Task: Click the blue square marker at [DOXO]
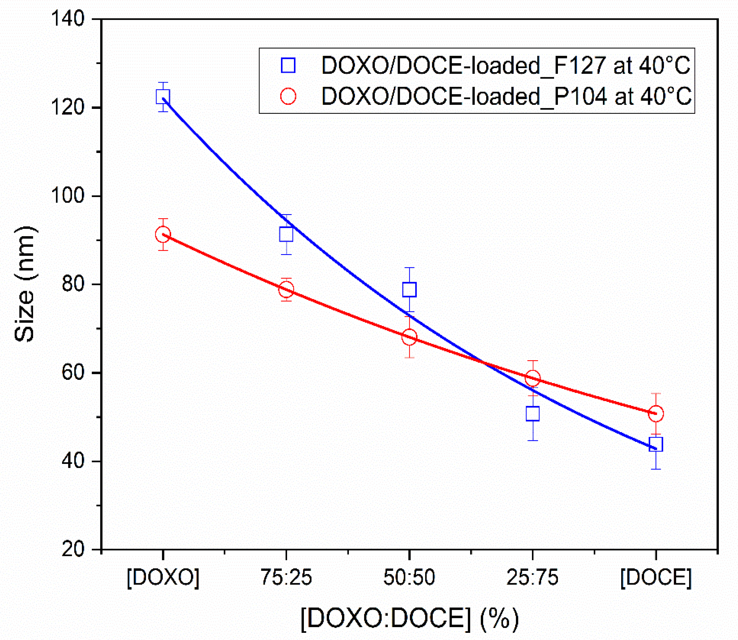tap(163, 96)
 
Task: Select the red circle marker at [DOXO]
tap(163, 235)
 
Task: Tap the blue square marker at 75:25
tap(286, 234)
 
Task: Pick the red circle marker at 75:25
tap(286, 289)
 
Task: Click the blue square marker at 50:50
tap(410, 289)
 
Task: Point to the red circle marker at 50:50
tap(410, 337)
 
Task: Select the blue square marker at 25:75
tap(533, 413)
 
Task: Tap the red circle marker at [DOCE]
tap(656, 413)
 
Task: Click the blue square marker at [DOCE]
tap(656, 444)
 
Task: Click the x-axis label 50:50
tap(410, 577)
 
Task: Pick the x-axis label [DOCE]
tap(656, 577)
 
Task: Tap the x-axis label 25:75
tap(533, 577)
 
